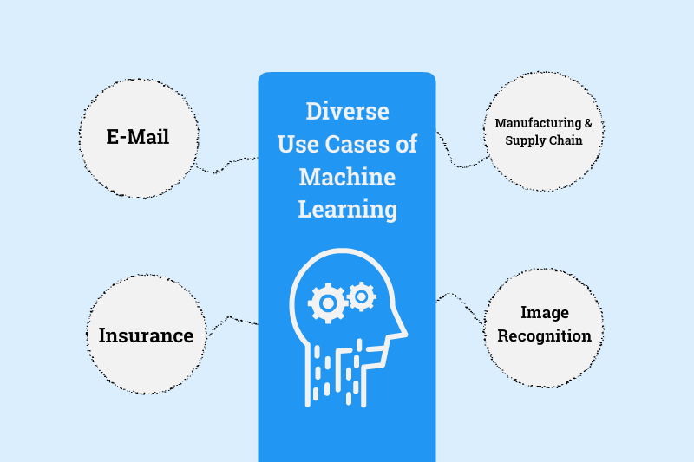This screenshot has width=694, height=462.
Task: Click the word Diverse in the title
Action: (347, 113)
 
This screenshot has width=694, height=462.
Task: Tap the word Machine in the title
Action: (347, 177)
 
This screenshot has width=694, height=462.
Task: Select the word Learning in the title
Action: (347, 209)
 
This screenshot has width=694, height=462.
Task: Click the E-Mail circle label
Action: (138, 137)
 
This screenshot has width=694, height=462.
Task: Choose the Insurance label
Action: (146, 335)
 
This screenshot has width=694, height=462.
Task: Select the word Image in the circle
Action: (544, 313)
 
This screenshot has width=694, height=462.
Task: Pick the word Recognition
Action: (544, 335)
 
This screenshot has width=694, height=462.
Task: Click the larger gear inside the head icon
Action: (327, 303)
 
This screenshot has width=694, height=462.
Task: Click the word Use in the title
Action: (296, 145)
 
